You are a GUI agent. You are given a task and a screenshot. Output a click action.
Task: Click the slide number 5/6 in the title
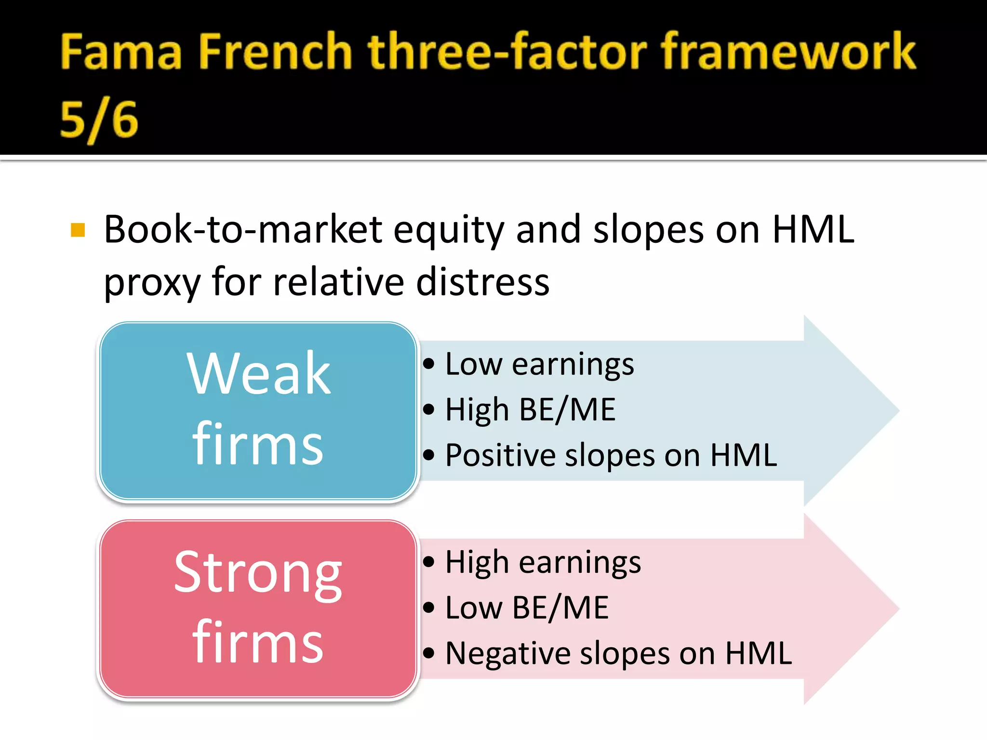[x=99, y=120]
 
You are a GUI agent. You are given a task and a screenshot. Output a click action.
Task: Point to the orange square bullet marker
[x=78, y=230]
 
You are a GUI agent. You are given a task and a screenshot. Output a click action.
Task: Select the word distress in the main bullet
[x=482, y=282]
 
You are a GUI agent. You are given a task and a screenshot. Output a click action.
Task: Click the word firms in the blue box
[x=257, y=444]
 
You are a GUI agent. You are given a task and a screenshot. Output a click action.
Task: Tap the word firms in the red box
[x=257, y=643]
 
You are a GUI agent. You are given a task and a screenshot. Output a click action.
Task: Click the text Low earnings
[x=539, y=364]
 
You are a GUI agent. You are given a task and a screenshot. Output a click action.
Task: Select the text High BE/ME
[x=530, y=410]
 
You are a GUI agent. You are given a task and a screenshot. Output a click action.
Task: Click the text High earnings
[x=543, y=562]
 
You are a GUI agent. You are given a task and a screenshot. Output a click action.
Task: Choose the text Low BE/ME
[x=527, y=608]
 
